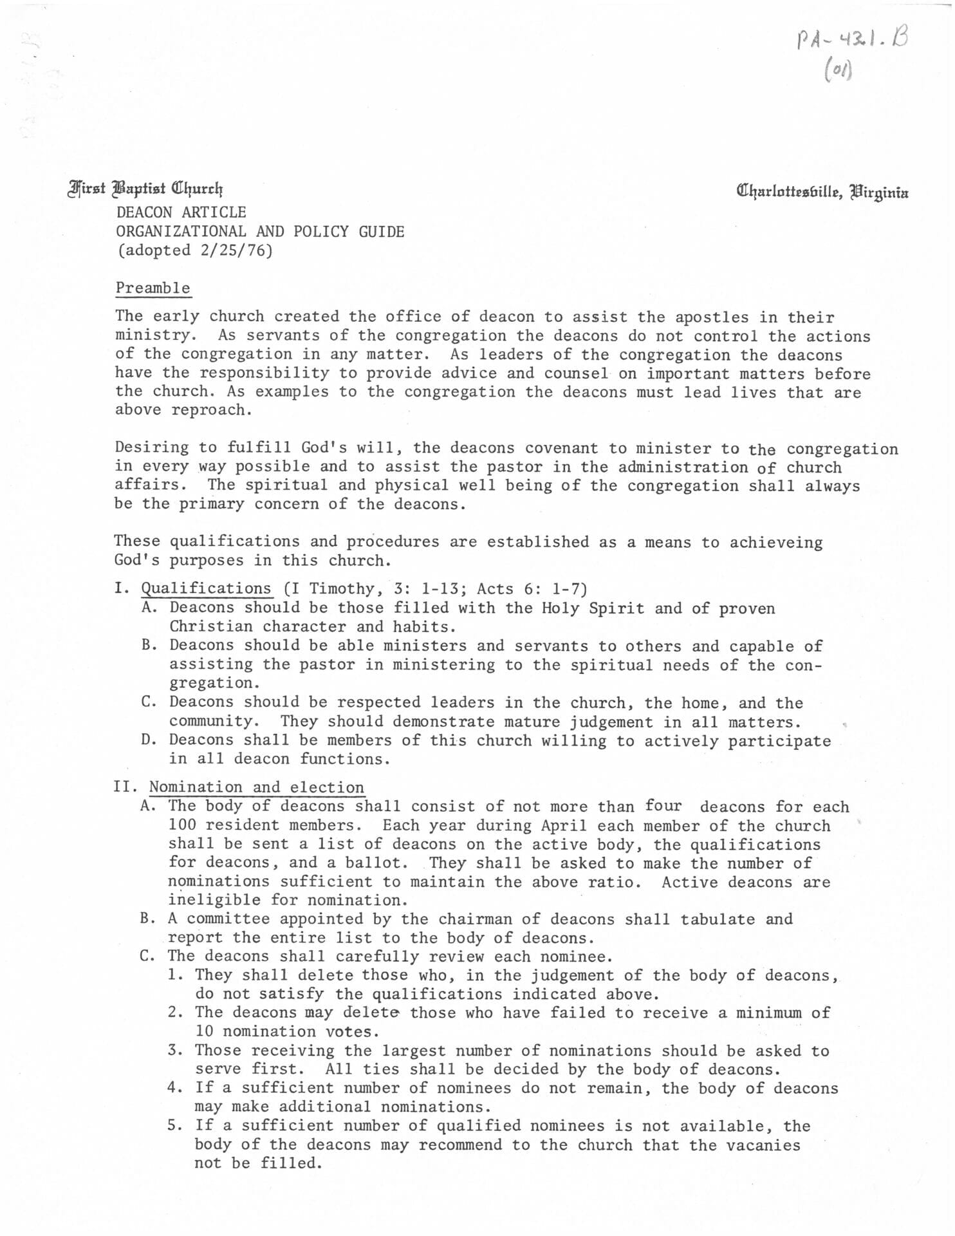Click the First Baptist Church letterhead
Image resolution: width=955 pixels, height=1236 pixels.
click(x=146, y=189)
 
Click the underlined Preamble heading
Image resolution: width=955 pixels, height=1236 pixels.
click(x=153, y=288)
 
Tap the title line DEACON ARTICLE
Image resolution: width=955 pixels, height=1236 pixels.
click(x=181, y=212)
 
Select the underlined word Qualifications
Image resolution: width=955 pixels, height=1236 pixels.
click(x=206, y=588)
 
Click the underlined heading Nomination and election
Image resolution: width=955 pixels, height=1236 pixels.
click(x=256, y=787)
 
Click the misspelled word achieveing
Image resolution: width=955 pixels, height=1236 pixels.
click(x=776, y=542)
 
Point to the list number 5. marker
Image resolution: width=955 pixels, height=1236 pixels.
click(x=176, y=1126)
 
